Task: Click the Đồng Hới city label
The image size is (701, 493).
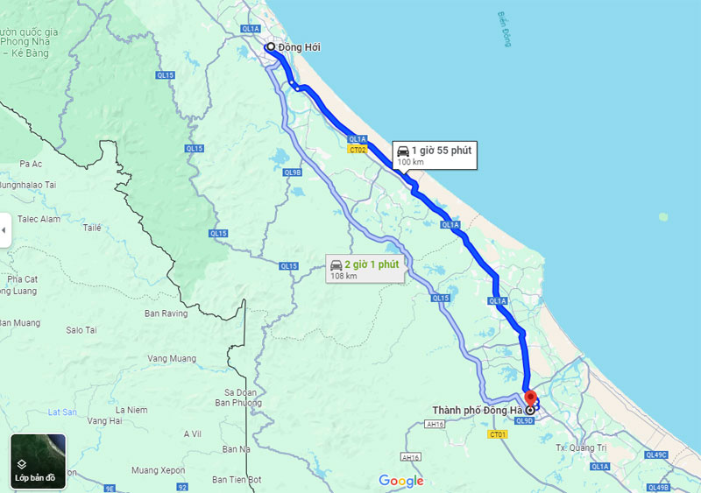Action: [299, 47]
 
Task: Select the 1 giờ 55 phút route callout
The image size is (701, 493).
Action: [433, 155]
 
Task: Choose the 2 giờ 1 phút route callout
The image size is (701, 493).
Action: [363, 268]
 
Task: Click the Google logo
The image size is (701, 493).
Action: [401, 481]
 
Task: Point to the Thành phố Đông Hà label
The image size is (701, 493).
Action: [477, 410]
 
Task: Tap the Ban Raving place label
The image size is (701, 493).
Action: [166, 313]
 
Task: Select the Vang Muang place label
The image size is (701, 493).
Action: [172, 358]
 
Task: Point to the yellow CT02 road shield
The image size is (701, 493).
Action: [357, 151]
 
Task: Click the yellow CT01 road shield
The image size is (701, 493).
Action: [499, 434]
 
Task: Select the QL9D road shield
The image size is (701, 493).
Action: [524, 420]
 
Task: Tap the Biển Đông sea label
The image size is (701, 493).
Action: [503, 30]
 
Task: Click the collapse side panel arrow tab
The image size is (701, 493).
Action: [4, 230]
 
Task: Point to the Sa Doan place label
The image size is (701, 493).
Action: [240, 391]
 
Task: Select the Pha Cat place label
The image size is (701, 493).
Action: [23, 278]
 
